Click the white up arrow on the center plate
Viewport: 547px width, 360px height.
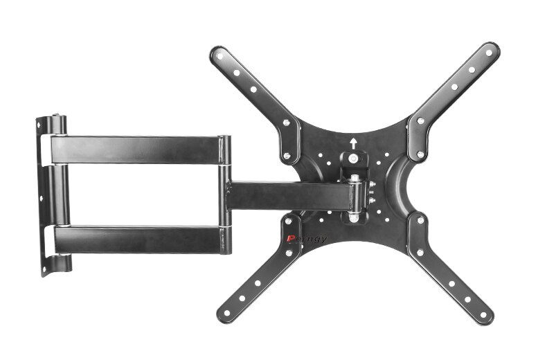click(x=354, y=144)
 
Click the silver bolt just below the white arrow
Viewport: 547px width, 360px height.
click(x=354, y=159)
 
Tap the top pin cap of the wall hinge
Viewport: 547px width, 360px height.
click(x=59, y=118)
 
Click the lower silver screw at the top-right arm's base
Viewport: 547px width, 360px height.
click(x=420, y=154)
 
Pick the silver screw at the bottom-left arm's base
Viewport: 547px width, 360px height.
click(x=288, y=222)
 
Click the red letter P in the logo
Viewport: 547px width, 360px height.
click(x=291, y=239)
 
